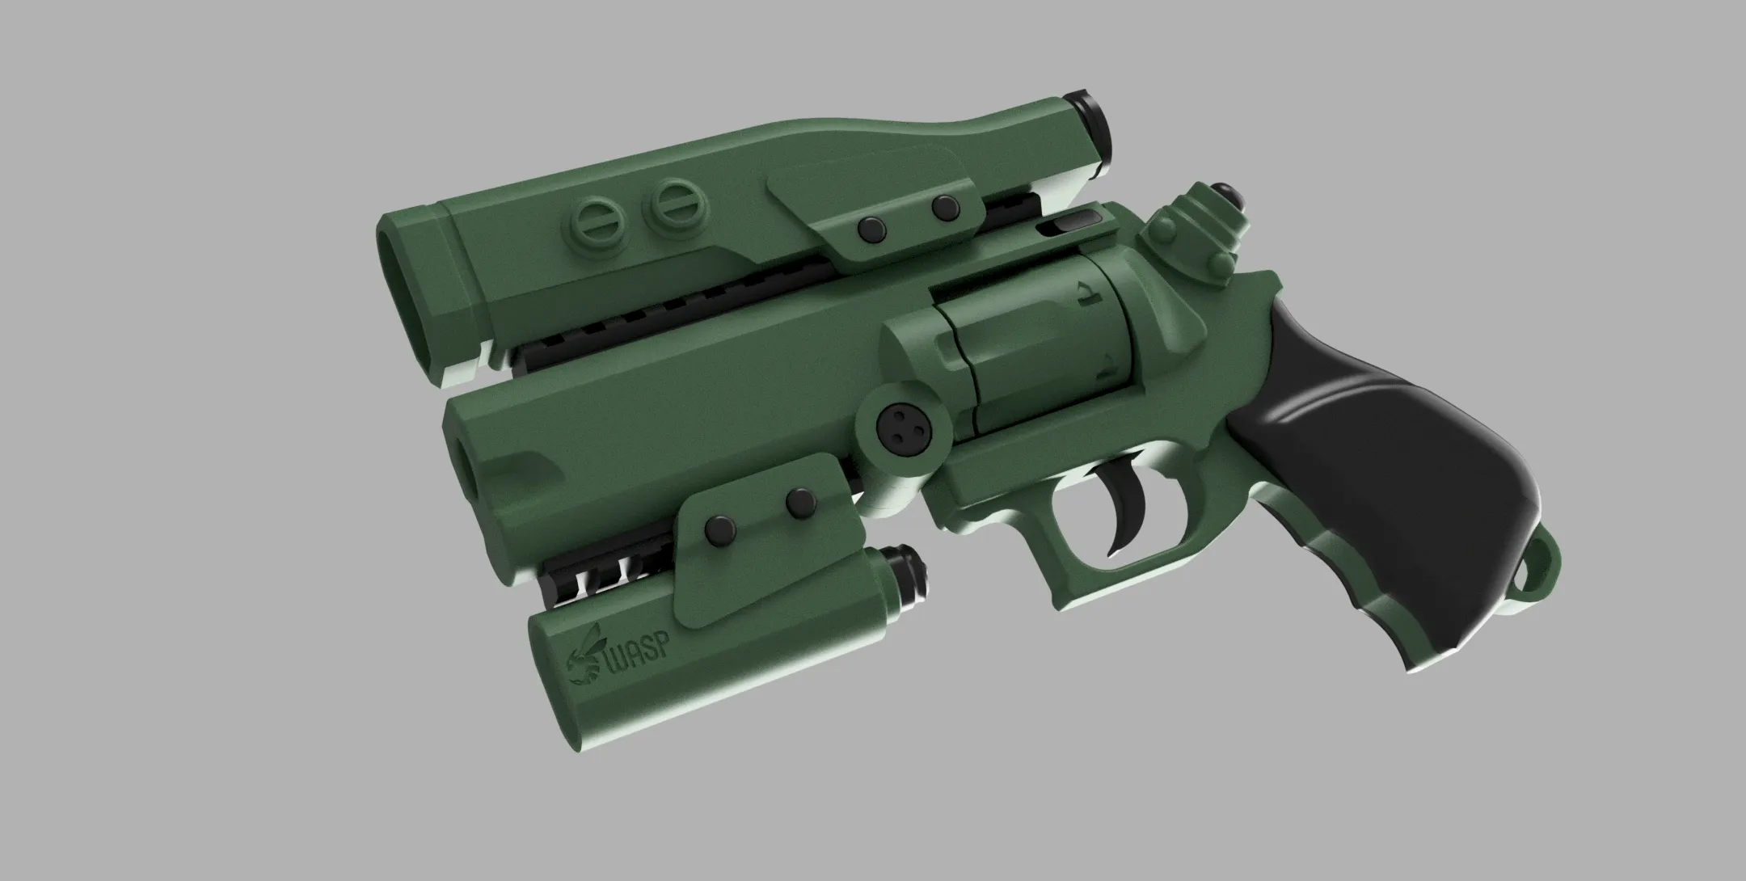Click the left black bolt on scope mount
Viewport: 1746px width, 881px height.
871,229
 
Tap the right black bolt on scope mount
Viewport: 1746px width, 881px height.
944,208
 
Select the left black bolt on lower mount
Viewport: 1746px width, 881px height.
719,530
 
